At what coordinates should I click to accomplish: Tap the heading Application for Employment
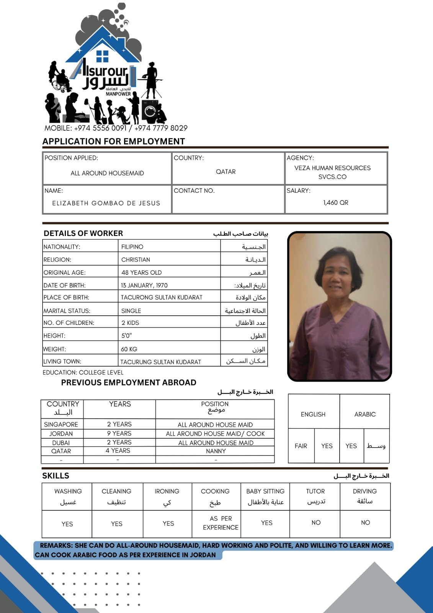pyautogui.click(x=113, y=141)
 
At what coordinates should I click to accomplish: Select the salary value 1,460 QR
pyautogui.click(x=335, y=203)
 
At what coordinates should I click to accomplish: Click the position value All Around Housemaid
pyautogui.click(x=107, y=173)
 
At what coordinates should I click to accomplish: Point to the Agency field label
pyautogui.click(x=300, y=158)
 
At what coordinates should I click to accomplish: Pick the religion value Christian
pyautogui.click(x=136, y=260)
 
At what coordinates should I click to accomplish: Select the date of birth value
pyautogui.click(x=144, y=285)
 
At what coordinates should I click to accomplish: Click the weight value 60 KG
pyautogui.click(x=129, y=349)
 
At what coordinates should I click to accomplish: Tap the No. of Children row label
pyautogui.click(x=69, y=323)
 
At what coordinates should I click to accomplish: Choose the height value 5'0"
pyautogui.click(x=126, y=336)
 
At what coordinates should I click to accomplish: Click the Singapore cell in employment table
pyautogui.click(x=61, y=425)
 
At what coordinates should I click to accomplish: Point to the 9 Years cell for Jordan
pyautogui.click(x=119, y=433)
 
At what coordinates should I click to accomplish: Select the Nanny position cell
pyautogui.click(x=216, y=451)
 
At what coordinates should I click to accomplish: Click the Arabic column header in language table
pyautogui.click(x=365, y=415)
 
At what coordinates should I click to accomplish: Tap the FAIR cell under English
pyautogui.click(x=301, y=446)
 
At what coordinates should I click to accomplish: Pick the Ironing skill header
pyautogui.click(x=167, y=492)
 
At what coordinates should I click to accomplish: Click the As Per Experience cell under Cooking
pyautogui.click(x=221, y=523)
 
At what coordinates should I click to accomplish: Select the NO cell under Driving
pyautogui.click(x=365, y=523)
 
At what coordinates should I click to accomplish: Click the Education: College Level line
pyautogui.click(x=83, y=372)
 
